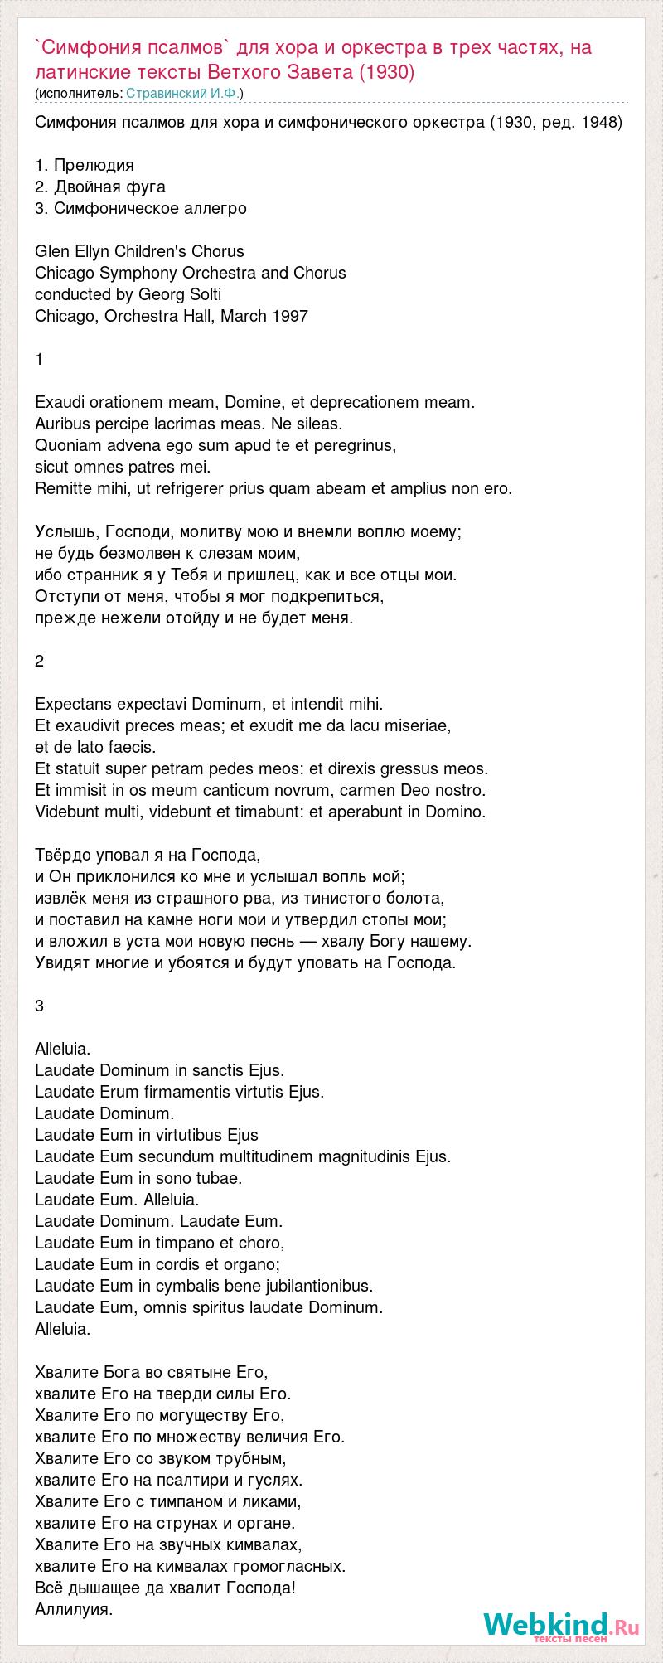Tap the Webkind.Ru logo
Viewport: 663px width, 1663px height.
[561, 1623]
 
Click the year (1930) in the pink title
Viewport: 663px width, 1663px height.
[386, 72]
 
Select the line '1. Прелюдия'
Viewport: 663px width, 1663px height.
[85, 165]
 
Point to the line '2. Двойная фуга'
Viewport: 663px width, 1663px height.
[100, 187]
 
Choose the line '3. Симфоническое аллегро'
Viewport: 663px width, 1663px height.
[141, 208]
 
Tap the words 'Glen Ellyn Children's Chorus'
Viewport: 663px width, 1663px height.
[139, 251]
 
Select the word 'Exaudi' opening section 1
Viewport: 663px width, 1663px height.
[60, 402]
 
